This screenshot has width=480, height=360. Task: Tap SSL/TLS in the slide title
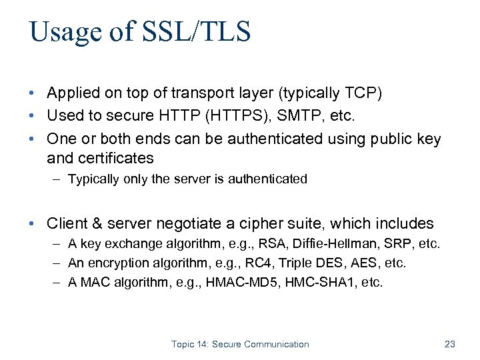(x=198, y=32)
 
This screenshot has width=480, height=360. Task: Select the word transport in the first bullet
(x=204, y=93)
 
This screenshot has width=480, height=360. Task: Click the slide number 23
(x=449, y=344)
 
